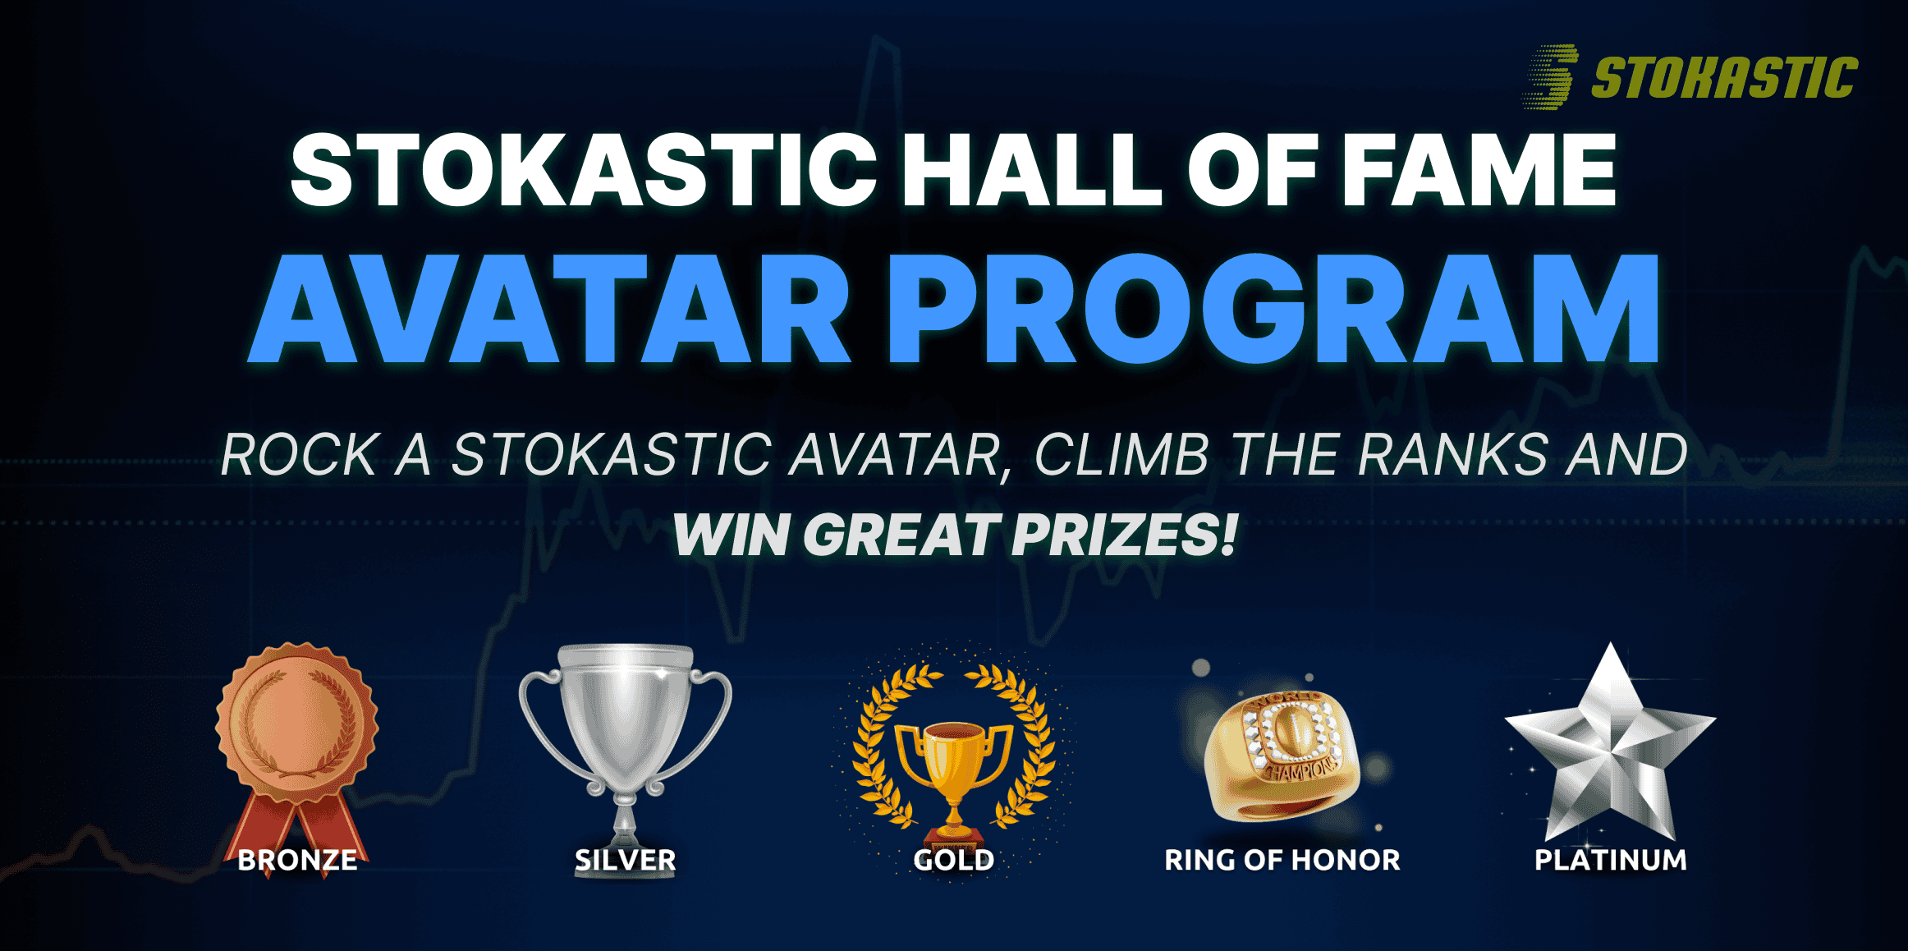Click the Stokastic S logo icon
1550,76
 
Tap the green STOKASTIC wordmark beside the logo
1724,78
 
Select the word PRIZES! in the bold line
1124,535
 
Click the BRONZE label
297,860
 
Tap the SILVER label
626,860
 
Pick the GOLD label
954,860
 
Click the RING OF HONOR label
1282,860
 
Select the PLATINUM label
1611,860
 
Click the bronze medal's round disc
297,724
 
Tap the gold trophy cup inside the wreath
954,768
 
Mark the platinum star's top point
1610,644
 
